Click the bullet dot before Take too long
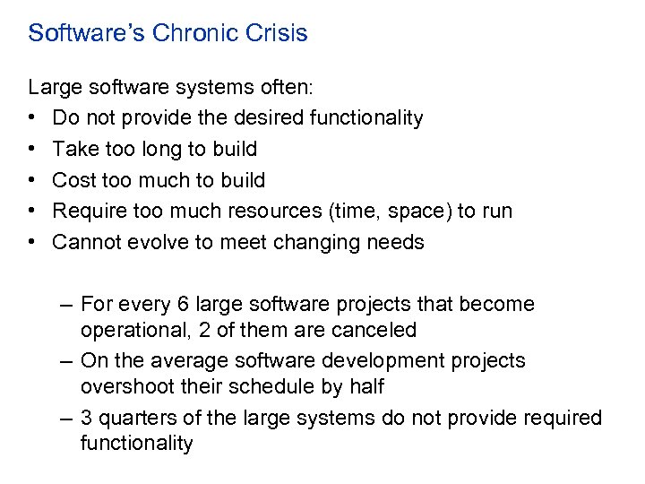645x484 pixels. click(x=31, y=149)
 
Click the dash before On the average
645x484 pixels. click(x=67, y=360)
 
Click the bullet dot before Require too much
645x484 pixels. click(x=31, y=212)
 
